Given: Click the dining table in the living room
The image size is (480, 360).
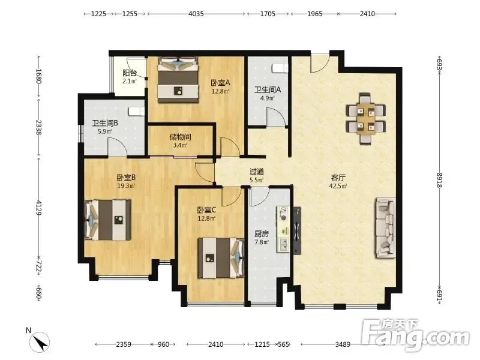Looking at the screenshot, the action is (366, 118).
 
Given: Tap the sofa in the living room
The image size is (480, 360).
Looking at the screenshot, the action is (385, 228).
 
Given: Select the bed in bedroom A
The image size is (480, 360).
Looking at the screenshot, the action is (178, 80).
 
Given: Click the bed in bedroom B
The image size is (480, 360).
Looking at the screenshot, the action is (108, 220).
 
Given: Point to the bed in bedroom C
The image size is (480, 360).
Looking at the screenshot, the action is (221, 258).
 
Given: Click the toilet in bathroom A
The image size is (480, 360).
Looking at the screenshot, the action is (280, 68).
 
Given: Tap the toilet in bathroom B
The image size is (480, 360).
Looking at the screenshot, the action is (136, 112).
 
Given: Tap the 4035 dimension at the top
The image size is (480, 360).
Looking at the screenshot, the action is (196, 14).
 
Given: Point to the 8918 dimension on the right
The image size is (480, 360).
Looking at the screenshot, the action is (440, 180).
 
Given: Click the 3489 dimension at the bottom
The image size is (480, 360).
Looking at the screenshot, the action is (343, 344).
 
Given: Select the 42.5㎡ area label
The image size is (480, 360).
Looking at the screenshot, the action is (338, 186).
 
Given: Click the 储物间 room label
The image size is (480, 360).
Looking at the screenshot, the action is (180, 137).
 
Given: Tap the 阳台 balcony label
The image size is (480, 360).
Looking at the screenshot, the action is (130, 73).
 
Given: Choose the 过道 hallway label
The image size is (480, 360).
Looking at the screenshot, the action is (257, 172).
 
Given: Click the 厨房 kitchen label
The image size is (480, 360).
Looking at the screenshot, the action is (262, 234).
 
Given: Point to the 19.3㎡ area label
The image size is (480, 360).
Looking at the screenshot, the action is (126, 185).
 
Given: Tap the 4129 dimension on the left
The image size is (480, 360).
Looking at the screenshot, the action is (39, 208).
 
